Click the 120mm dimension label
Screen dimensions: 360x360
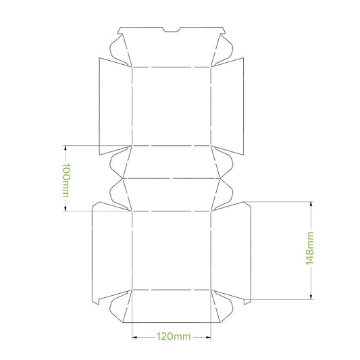point(174,336)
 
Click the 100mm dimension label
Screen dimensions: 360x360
point(66,180)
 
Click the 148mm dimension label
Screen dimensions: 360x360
point(310,248)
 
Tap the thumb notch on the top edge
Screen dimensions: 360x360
point(172,30)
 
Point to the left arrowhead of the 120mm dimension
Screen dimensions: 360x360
point(135,337)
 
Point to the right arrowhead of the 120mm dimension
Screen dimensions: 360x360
point(208,337)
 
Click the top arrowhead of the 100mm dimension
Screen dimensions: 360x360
point(66,148)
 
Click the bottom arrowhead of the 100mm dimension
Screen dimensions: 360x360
point(66,208)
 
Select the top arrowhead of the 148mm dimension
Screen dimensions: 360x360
point(311,205)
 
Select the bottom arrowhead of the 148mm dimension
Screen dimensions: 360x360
point(311,297)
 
